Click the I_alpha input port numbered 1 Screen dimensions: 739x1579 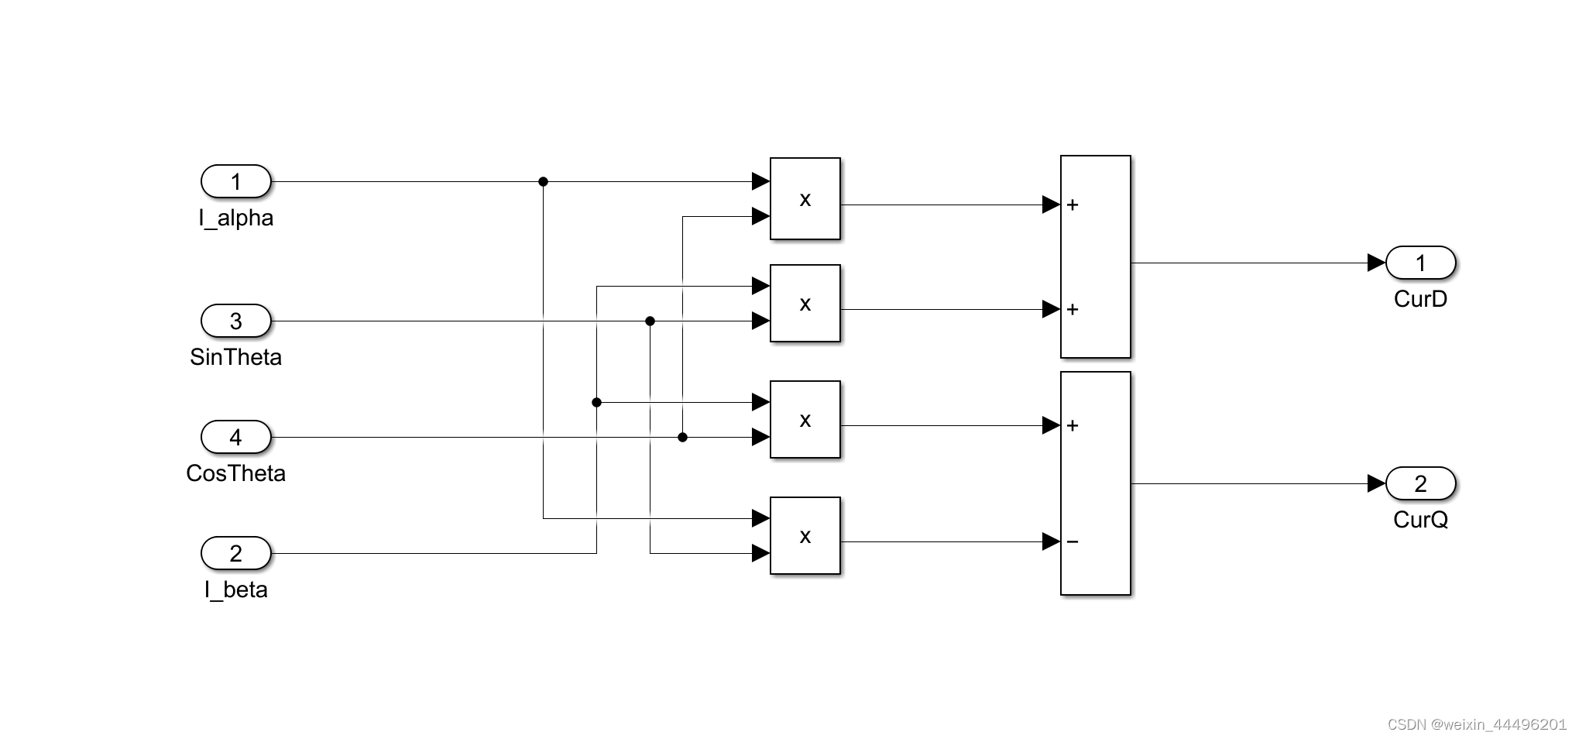[235, 182]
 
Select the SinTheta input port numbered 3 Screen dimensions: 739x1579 [235, 321]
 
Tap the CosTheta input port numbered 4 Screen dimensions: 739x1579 [235, 437]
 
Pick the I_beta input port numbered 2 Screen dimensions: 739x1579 [235, 553]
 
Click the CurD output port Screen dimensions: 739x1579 [1420, 263]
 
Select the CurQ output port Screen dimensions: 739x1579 [1420, 484]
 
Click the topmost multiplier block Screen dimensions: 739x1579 [805, 199]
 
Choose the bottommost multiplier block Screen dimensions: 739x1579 [805, 536]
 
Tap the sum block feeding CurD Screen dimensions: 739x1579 [1095, 256]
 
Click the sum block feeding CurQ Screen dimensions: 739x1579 [1095, 483]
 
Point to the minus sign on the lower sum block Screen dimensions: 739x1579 [1073, 541]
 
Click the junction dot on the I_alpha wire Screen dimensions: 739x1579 [543, 182]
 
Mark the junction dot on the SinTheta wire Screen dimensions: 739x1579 [650, 321]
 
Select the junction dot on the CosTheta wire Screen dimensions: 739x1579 [682, 438]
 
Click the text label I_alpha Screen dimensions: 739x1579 [235, 218]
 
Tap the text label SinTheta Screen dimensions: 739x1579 [235, 357]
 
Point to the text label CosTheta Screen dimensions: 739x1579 [235, 473]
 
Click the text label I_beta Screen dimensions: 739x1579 [235, 589]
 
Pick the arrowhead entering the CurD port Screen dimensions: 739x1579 [1376, 263]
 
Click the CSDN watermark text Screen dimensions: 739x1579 [1476, 724]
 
